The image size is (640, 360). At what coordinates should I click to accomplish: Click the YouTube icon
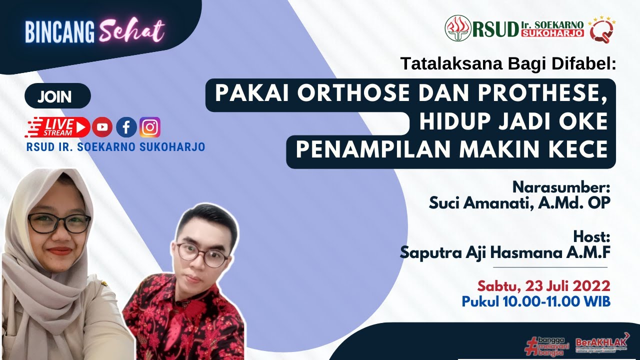pyautogui.click(x=102, y=127)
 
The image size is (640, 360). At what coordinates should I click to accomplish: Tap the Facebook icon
pyautogui.click(x=126, y=127)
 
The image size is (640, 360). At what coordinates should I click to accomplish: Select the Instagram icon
pyautogui.click(x=150, y=127)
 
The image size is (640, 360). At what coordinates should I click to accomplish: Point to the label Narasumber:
pyautogui.click(x=561, y=187)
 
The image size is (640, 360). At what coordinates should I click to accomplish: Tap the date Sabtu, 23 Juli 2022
pyautogui.click(x=543, y=286)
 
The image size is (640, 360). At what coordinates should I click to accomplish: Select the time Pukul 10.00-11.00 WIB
pyautogui.click(x=535, y=301)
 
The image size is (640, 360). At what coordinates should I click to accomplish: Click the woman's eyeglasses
pyautogui.click(x=59, y=222)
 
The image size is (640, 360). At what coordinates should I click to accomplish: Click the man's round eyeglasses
pyautogui.click(x=202, y=254)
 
